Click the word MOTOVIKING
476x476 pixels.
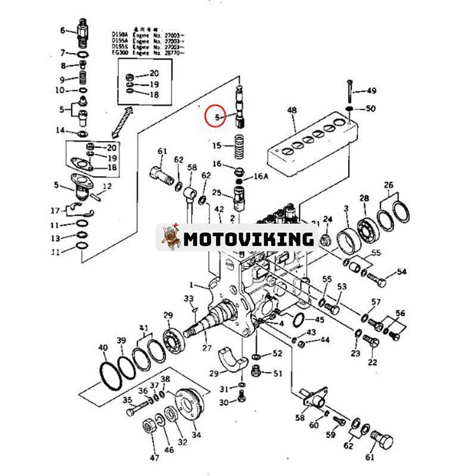(x=248, y=239)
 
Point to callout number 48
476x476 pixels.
(x=292, y=110)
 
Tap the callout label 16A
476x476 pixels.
(x=261, y=177)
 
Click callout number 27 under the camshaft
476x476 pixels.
(x=207, y=348)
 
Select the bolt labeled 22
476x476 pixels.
(x=371, y=343)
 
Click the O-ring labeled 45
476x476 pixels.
(x=301, y=320)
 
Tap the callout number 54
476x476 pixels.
(x=402, y=272)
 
